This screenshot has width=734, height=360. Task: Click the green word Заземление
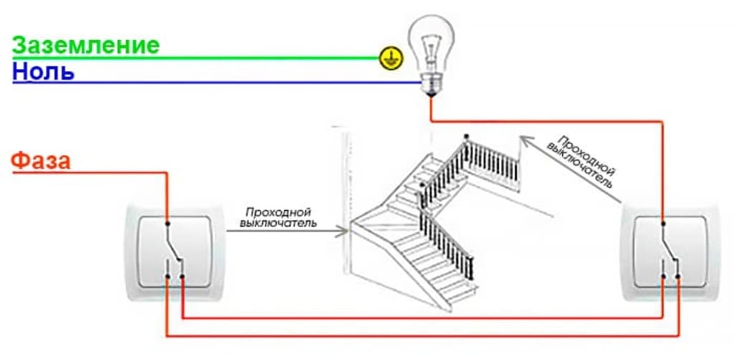[x=86, y=46]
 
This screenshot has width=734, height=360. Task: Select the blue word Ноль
[x=43, y=72]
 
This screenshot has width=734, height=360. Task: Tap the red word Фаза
[x=41, y=161]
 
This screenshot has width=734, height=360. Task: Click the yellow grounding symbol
[x=390, y=59]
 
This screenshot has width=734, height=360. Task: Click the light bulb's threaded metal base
[x=431, y=85]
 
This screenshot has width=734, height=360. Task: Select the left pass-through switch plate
[x=175, y=251]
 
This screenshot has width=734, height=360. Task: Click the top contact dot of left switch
[x=166, y=223]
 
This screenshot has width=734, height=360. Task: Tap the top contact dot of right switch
[x=663, y=223]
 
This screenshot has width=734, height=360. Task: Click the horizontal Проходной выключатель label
[x=278, y=218]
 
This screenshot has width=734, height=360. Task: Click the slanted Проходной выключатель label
[x=585, y=161]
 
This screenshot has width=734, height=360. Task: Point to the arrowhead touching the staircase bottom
[x=344, y=231]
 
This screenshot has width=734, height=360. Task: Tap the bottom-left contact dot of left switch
[x=167, y=277]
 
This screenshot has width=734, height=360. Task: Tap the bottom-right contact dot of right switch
[x=678, y=277]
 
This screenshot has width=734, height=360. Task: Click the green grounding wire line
[x=196, y=59]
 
